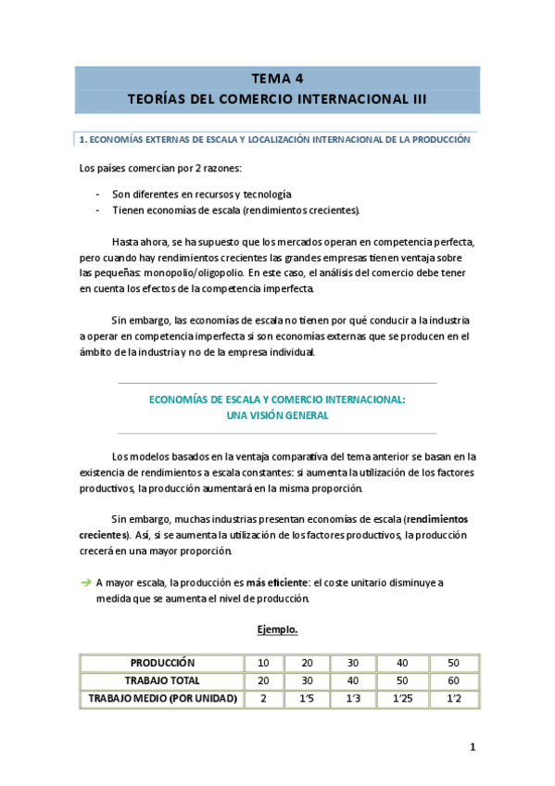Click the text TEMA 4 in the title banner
(x=277, y=78)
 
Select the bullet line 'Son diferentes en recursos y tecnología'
(x=201, y=195)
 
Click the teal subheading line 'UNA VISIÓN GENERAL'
(x=277, y=415)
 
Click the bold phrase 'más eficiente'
(x=275, y=582)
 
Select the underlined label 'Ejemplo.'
(x=277, y=630)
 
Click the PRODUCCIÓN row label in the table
(x=161, y=663)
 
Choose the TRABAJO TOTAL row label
(x=161, y=680)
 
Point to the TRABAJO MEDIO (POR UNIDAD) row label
(x=161, y=698)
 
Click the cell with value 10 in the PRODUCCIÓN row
(x=263, y=663)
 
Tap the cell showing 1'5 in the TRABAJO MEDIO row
(x=306, y=698)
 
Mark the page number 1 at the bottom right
(x=472, y=747)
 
